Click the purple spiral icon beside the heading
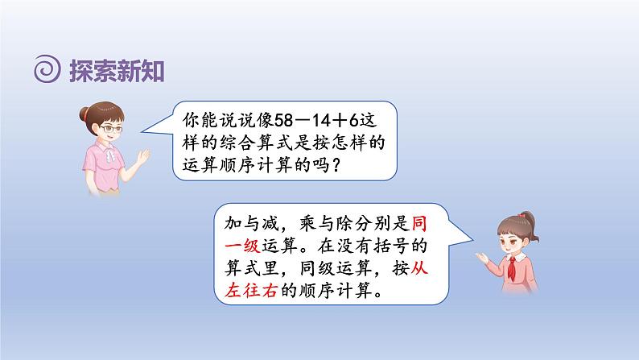47,68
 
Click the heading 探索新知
117,71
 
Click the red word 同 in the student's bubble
418,223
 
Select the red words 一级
242,246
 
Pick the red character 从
418,268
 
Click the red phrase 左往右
251,291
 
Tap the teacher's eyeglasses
111,129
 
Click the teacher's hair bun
84,113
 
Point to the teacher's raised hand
143,156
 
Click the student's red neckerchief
512,267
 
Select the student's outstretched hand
482,257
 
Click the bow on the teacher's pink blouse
109,155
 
